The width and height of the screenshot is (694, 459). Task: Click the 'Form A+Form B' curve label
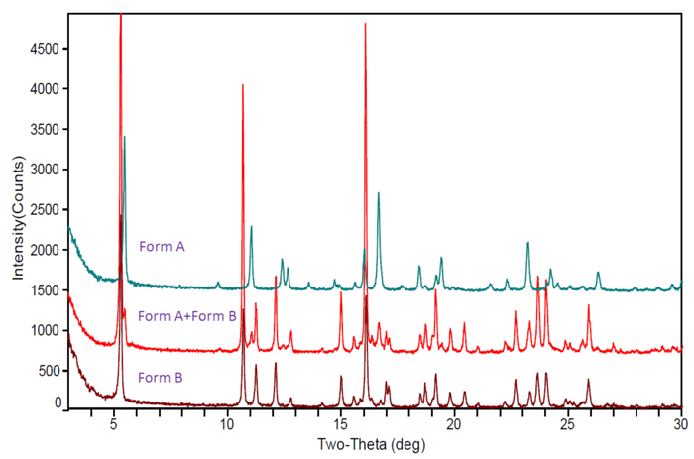click(x=186, y=317)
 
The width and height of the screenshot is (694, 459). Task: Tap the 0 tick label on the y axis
click(x=58, y=403)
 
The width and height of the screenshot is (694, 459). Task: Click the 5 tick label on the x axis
click(x=114, y=423)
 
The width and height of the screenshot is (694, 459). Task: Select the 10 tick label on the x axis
click(x=227, y=423)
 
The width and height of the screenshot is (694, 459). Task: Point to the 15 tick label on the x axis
click(x=340, y=423)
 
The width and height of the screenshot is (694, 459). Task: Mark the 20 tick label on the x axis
click(x=453, y=423)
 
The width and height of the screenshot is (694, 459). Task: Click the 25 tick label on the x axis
click(x=567, y=423)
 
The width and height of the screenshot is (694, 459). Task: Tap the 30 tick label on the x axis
click(x=680, y=423)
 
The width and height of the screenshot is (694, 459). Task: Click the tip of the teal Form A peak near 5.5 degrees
click(x=124, y=137)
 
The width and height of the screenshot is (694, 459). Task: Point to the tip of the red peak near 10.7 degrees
click(x=243, y=85)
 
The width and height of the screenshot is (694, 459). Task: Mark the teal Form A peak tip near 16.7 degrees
click(x=379, y=193)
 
